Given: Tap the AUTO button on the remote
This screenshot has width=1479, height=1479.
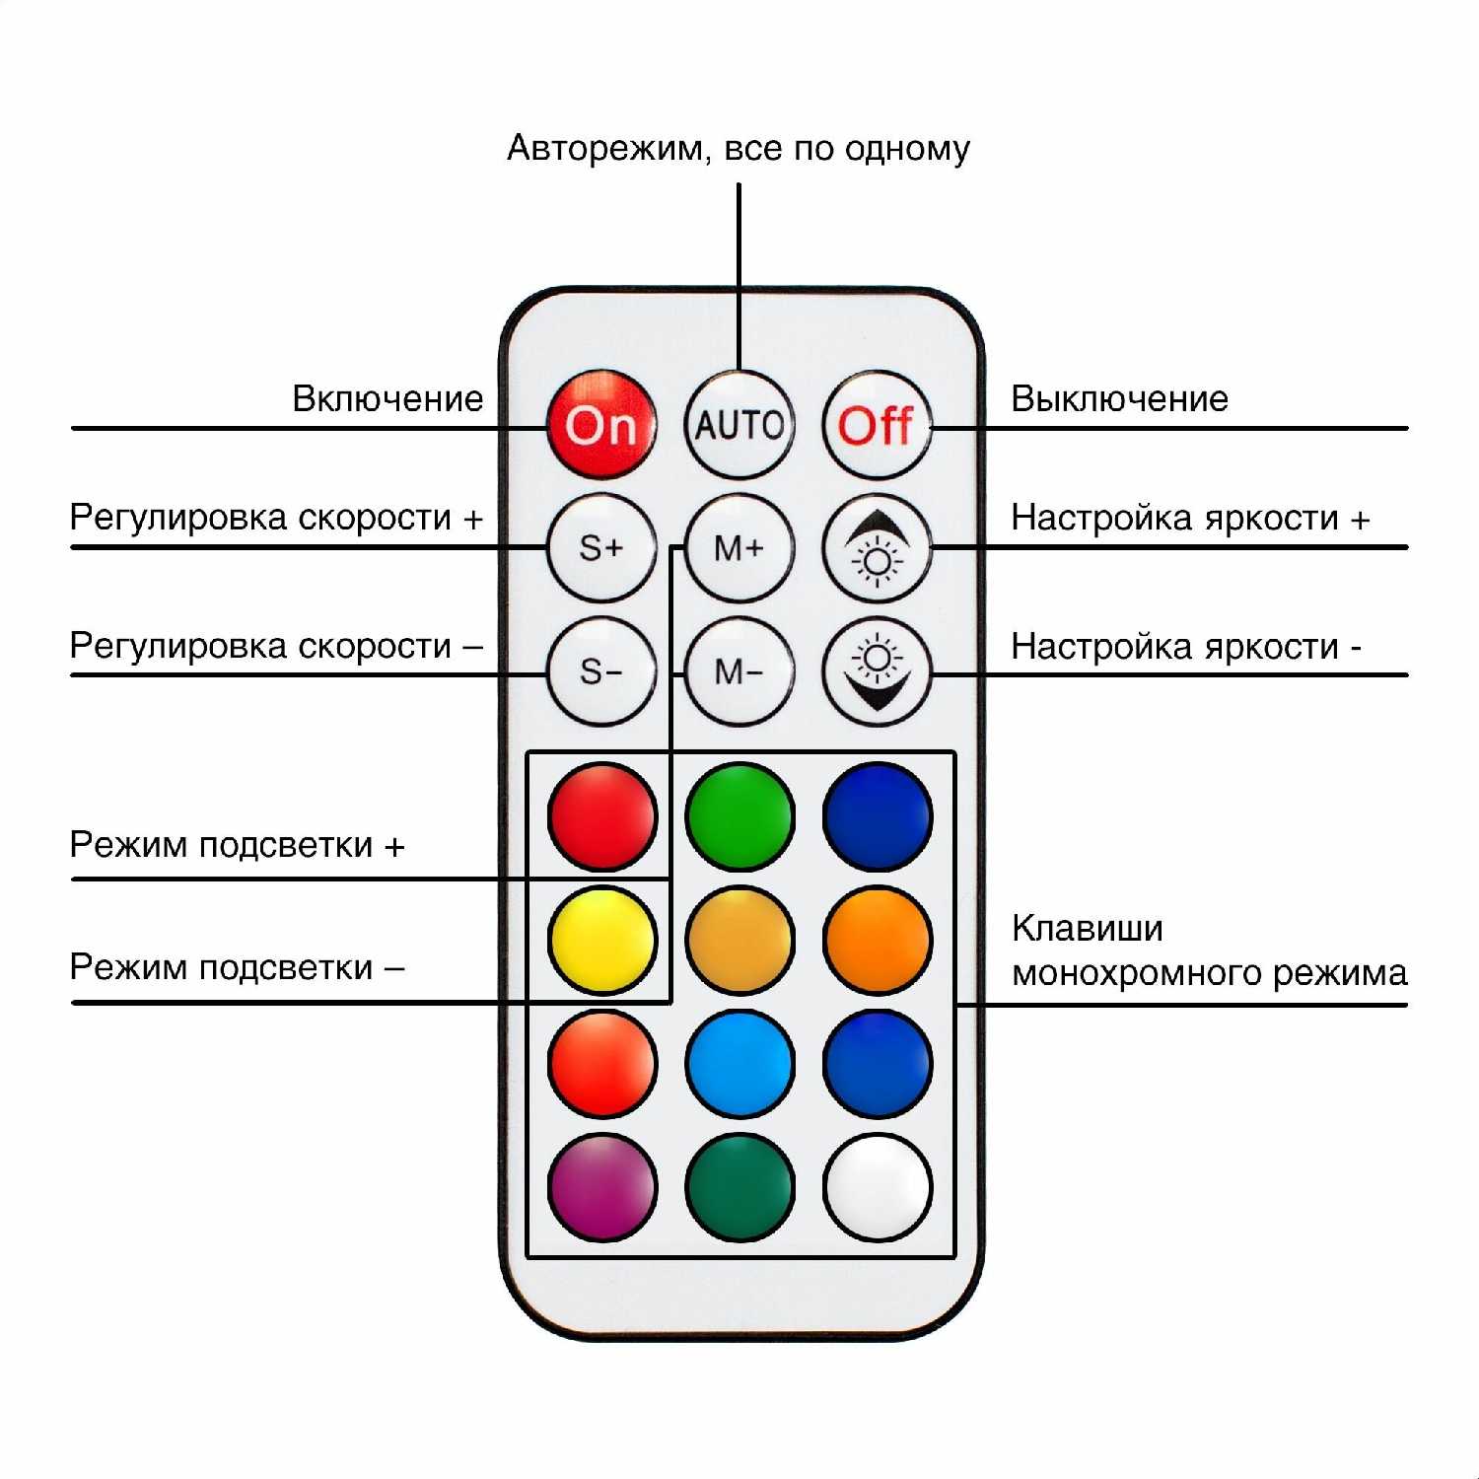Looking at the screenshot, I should (739, 425).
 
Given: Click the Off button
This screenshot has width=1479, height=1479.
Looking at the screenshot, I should (877, 425).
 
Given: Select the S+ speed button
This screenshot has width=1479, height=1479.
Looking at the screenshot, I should (601, 547).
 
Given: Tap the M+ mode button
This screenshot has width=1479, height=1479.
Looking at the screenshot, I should (739, 547).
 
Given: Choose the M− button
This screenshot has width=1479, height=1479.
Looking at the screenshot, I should (739, 671).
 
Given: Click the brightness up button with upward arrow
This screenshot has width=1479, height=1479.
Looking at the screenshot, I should (877, 547).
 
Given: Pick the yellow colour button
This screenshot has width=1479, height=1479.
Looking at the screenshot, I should (601, 939).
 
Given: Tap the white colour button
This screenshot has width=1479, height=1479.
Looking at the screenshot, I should (877, 1186).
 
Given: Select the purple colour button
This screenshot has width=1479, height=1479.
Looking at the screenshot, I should (601, 1186).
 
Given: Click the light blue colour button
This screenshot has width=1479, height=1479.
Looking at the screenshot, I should (739, 1063).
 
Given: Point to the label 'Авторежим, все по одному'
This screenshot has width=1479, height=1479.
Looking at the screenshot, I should (739, 148).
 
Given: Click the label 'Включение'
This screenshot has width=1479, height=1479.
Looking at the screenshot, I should (387, 398).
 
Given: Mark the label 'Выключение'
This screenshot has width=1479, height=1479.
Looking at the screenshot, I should (1119, 398).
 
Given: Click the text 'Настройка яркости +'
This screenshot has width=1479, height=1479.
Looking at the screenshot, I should (1190, 518).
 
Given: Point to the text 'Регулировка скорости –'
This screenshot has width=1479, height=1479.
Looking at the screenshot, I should (276, 646).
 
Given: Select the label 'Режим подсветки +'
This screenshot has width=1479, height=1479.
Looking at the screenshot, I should (237, 845).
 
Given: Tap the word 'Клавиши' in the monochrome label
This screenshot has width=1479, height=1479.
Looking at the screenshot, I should (1087, 928).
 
